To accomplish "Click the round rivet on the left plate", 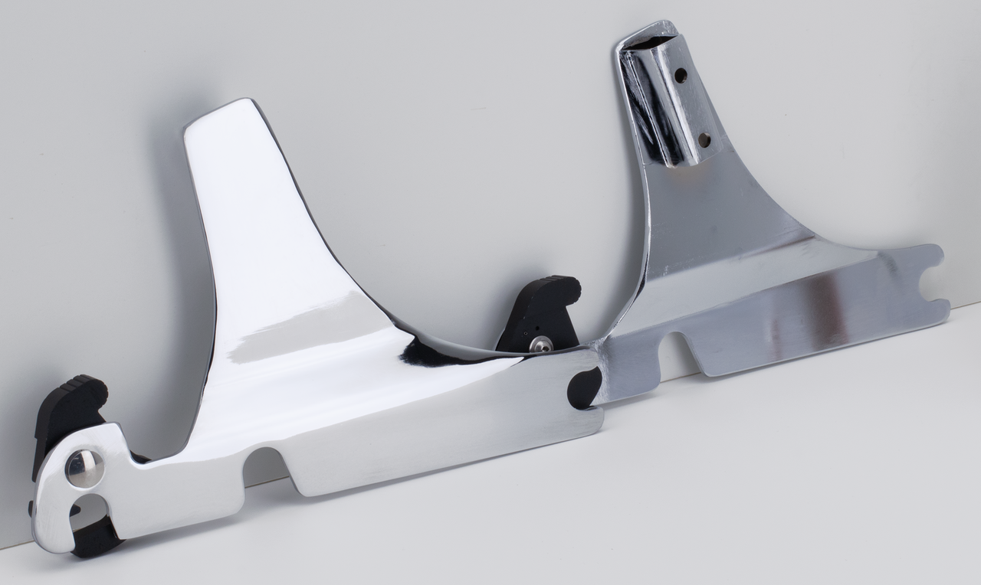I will click(84, 469).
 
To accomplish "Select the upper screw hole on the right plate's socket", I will click(680, 75).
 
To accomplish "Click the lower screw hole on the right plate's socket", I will click(704, 140).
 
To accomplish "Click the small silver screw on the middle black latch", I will click(542, 346).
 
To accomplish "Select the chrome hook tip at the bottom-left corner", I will click(46, 536).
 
